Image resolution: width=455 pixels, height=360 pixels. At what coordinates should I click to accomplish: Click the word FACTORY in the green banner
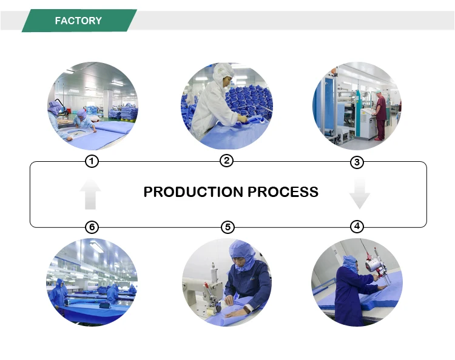tap(78, 21)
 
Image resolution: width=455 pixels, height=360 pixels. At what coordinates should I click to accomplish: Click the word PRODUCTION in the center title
tap(194, 192)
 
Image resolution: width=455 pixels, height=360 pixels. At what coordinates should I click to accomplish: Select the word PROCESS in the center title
tap(283, 192)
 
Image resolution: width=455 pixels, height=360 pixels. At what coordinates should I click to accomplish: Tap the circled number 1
tap(92, 161)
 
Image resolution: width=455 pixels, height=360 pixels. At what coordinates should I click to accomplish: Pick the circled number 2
tap(227, 160)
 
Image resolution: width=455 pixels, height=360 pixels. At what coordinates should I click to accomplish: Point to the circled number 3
tap(357, 162)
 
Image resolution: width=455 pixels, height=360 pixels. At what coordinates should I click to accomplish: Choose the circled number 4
tap(357, 226)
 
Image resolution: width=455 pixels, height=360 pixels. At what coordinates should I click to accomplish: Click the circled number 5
tap(227, 227)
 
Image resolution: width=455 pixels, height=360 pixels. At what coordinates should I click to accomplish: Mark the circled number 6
tap(92, 227)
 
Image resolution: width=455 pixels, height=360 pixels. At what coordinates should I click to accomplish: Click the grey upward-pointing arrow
tap(90, 194)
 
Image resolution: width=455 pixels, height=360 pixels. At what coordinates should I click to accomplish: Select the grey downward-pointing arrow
tap(360, 194)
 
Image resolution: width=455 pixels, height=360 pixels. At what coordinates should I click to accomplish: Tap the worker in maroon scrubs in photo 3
tap(380, 115)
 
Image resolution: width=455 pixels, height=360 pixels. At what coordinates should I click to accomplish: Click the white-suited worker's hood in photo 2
tap(223, 73)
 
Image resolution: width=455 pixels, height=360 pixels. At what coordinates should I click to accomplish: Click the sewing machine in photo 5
tap(204, 287)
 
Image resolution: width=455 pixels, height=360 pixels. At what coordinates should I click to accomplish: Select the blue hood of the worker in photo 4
tap(349, 263)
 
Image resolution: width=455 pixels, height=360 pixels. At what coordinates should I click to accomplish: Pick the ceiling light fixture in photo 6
tap(96, 247)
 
